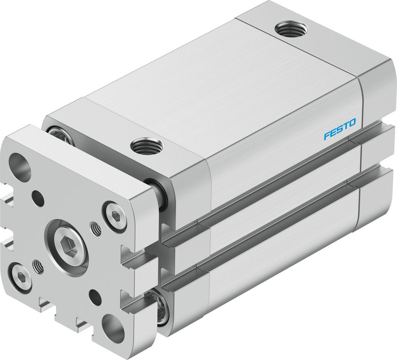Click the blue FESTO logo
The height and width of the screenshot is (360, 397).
click(340, 129)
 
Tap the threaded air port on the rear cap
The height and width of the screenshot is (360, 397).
click(291, 29)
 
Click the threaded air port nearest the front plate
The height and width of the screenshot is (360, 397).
click(146, 146)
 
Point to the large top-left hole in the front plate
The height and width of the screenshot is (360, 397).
click(19, 167)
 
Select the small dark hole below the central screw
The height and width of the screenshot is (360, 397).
click(95, 296)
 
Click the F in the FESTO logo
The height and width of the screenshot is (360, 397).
click(327, 136)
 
